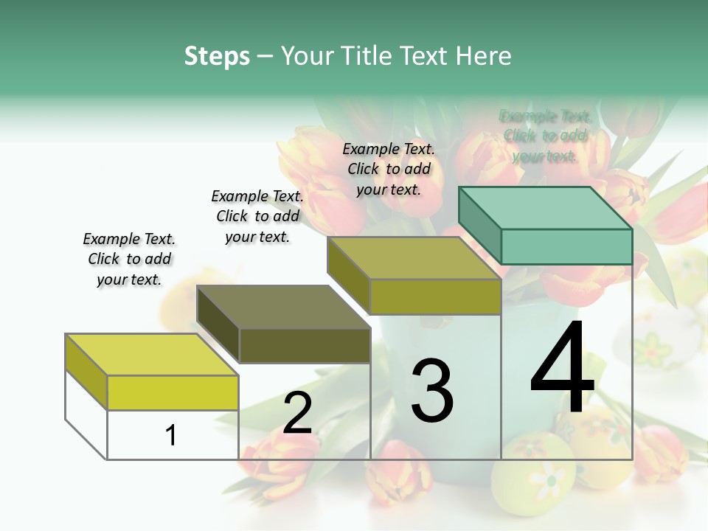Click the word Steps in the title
[217, 56]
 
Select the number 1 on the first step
[171, 435]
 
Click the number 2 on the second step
[297, 413]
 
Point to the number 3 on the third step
[431, 391]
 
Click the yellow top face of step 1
[151, 354]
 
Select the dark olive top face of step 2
[283, 306]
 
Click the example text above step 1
[129, 259]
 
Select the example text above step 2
[257, 216]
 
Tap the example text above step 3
[389, 169]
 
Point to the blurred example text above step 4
[545, 136]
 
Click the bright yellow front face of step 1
[173, 392]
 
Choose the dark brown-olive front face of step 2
[305, 345]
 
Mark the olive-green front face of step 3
[435, 296]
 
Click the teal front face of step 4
[566, 246]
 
